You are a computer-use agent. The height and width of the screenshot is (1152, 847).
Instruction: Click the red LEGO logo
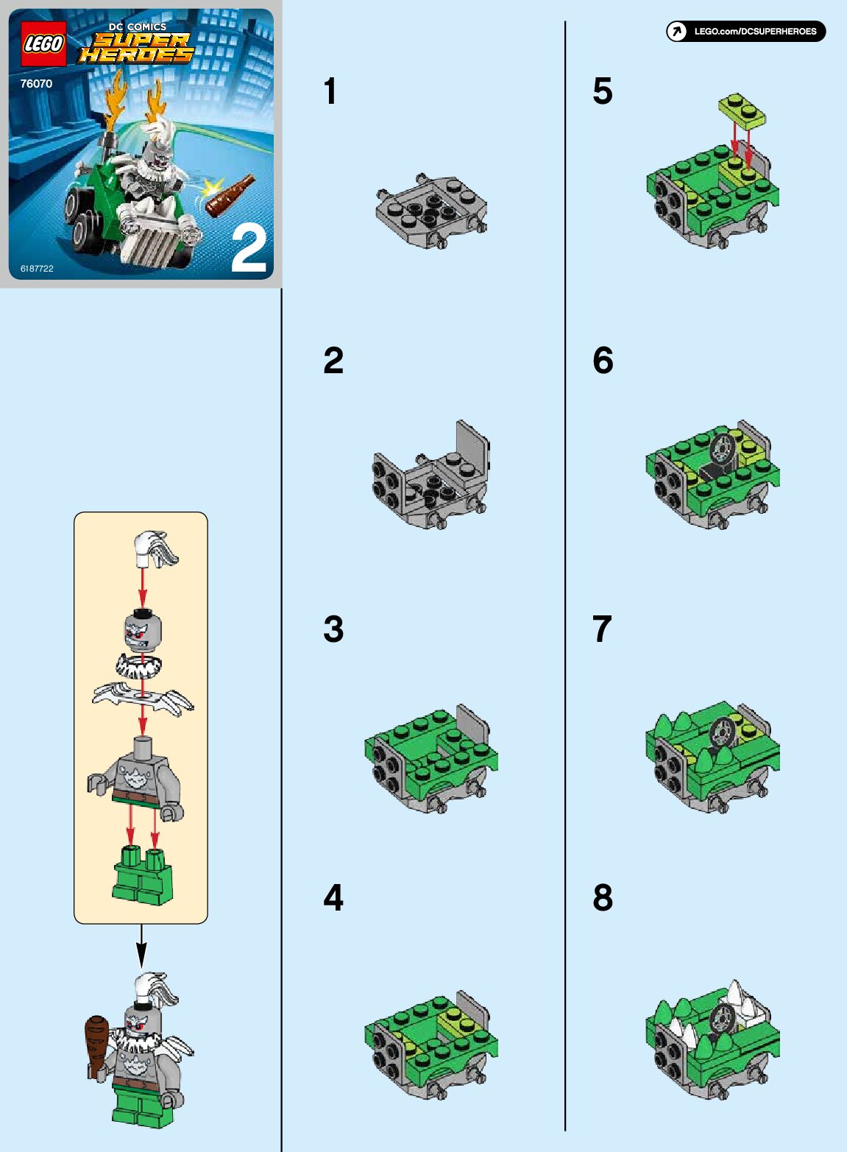(x=43, y=44)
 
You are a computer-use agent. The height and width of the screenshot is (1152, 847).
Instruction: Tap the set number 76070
(x=36, y=84)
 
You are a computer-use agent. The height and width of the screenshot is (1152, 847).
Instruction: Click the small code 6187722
(x=37, y=269)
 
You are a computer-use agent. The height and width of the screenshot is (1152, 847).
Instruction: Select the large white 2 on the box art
(x=249, y=250)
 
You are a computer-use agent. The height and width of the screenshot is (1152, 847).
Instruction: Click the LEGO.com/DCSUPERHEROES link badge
(x=745, y=32)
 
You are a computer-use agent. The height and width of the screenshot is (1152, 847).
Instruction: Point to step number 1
(x=330, y=91)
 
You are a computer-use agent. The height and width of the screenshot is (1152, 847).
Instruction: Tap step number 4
(x=333, y=898)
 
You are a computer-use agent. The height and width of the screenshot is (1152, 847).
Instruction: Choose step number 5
(x=603, y=91)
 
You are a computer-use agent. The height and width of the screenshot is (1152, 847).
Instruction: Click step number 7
(x=602, y=629)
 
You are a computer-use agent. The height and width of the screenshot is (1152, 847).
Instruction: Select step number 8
(x=603, y=898)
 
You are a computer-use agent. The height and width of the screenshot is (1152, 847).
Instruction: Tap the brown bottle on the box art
(x=230, y=195)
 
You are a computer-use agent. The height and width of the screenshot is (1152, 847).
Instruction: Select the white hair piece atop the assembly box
(x=156, y=549)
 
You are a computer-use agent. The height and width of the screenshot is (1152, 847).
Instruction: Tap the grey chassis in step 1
(x=431, y=211)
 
